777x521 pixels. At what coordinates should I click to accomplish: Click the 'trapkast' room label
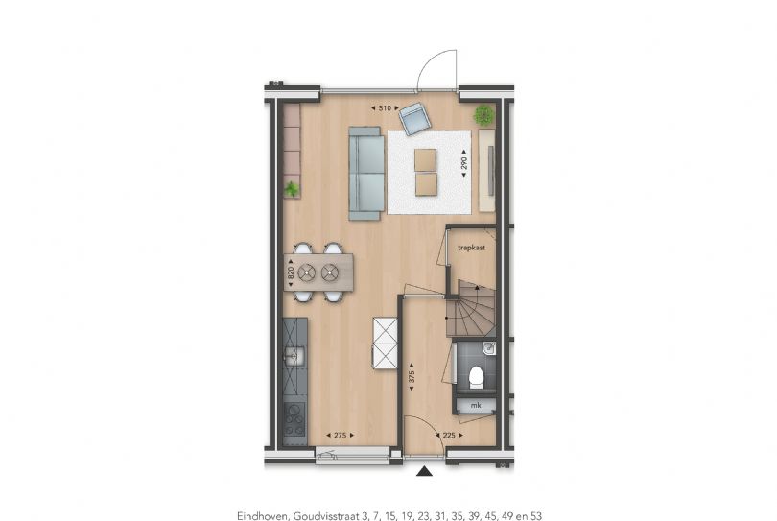(x=470, y=247)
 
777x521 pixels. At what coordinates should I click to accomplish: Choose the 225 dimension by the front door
(x=448, y=436)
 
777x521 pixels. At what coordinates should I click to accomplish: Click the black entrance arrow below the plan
(x=422, y=470)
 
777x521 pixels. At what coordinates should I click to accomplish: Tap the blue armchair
(x=415, y=119)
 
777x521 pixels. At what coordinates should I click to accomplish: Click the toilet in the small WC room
(x=473, y=377)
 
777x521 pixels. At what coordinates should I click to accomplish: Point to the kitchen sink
(x=295, y=356)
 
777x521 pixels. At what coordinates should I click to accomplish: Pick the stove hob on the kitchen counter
(x=294, y=416)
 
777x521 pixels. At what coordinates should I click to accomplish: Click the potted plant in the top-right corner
(x=483, y=116)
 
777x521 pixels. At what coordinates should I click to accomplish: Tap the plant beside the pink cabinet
(x=292, y=189)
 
